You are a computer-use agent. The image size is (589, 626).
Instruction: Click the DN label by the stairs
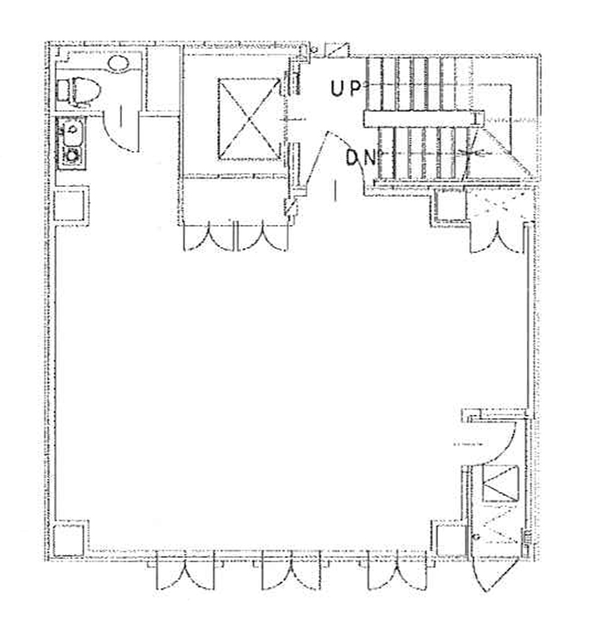(x=361, y=158)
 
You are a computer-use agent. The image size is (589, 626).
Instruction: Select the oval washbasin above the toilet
(x=118, y=64)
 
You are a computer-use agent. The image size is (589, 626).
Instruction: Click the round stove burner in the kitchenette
(x=72, y=156)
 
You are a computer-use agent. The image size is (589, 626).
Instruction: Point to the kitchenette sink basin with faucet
(x=72, y=132)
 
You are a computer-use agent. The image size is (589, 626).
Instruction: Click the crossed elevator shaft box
(x=248, y=119)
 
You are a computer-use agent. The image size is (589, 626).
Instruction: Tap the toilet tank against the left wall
(x=63, y=91)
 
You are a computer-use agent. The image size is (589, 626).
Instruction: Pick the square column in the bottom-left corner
(x=68, y=540)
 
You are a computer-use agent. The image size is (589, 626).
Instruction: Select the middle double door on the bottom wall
(x=290, y=570)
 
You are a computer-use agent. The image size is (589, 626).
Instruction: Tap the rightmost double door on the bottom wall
(x=397, y=570)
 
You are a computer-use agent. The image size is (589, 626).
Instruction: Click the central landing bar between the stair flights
(x=424, y=119)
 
